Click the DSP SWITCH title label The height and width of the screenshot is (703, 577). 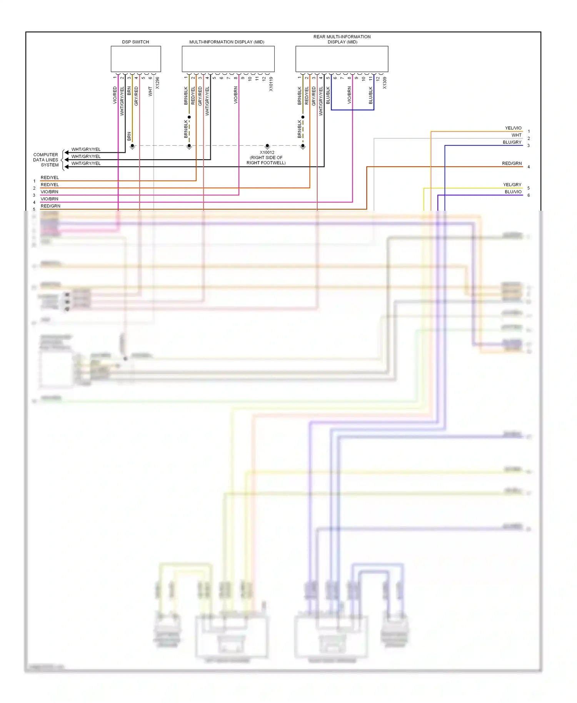point(135,42)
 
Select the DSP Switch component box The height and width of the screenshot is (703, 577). point(136,59)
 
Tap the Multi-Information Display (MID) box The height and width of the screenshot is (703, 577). point(228,59)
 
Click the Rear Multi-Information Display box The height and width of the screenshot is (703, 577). point(342,59)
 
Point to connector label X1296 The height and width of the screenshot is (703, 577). point(157,83)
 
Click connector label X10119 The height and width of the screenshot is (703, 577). point(271,84)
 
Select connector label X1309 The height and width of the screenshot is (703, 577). point(385,83)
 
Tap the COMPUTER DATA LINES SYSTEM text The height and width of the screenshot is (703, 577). point(46,160)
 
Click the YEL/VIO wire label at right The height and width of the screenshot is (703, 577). point(513,128)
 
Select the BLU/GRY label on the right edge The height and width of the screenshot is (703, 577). point(512,142)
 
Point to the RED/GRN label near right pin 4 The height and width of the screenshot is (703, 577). point(512,163)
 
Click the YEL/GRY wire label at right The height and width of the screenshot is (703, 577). point(512,185)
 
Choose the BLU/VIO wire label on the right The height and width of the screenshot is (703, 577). point(513,192)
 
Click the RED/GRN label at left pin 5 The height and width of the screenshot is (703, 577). point(50,206)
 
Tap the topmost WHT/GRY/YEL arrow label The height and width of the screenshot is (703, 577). point(86,149)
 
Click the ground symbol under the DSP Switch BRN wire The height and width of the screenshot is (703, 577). point(132,147)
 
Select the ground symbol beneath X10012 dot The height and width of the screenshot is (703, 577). point(267,147)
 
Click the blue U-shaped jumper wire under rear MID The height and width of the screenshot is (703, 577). point(352,110)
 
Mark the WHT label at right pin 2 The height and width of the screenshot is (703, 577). point(516,135)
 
